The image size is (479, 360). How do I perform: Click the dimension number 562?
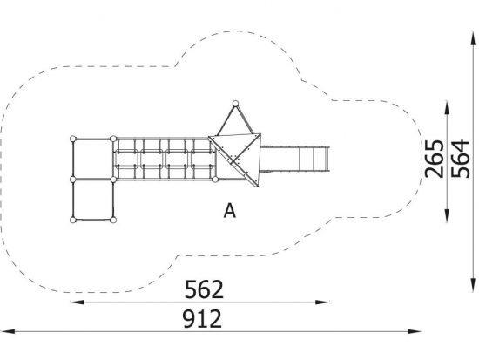[x=204, y=289]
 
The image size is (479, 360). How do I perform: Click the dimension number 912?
[x=202, y=318]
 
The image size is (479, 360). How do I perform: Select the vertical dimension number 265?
[x=434, y=159]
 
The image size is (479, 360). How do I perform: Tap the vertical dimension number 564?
[x=461, y=159]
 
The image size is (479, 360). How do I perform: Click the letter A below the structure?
[x=230, y=211]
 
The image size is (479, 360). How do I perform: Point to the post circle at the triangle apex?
[x=235, y=104]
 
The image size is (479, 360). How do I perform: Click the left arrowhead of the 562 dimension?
[x=77, y=302]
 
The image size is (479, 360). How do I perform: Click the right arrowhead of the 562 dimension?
[x=322, y=302]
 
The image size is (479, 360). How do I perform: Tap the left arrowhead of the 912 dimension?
[x=8, y=331]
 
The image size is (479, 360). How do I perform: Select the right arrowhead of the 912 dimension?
[x=415, y=331]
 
